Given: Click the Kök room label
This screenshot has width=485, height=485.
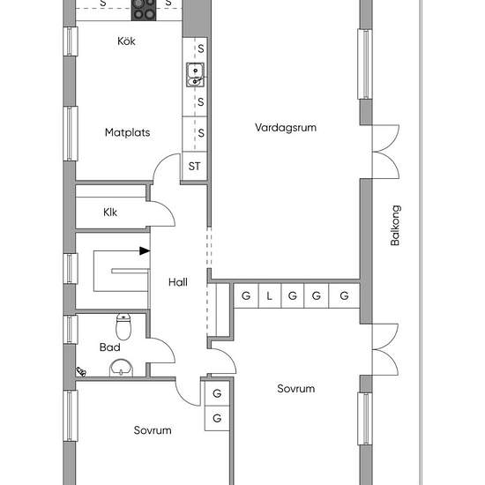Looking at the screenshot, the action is pos(126,41).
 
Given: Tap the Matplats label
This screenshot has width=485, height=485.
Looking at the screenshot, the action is pos(128,132).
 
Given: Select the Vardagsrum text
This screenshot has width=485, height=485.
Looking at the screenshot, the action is pos(286,128).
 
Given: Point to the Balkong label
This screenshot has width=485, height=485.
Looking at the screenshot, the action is pos(395,225).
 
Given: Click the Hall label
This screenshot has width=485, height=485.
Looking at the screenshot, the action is pos(178,282).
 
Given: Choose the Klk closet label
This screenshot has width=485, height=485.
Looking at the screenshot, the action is pos(110,213).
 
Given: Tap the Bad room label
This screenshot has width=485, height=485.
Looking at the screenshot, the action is pos(110,347).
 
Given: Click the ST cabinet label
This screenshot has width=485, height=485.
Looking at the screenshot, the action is pos(194,166).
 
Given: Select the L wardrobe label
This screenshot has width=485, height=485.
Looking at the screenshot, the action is pos(269,296).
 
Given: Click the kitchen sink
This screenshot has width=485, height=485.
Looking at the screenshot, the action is pos(195,75).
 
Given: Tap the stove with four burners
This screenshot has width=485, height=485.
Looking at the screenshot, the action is pos(144,10).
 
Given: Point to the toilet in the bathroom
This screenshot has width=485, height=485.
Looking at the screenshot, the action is pos(123,326).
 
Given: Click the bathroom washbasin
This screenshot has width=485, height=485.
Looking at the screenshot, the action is pos(122,368).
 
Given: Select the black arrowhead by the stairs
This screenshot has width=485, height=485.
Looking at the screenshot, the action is pos(145,250).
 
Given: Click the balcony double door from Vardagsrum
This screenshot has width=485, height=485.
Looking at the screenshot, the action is pos(385,152).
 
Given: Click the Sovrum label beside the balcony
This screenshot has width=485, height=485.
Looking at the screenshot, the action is pos(296,389).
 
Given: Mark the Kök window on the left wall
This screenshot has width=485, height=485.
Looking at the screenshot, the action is pos(71,41).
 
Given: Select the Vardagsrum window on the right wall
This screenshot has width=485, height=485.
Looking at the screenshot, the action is pos(365,64).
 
